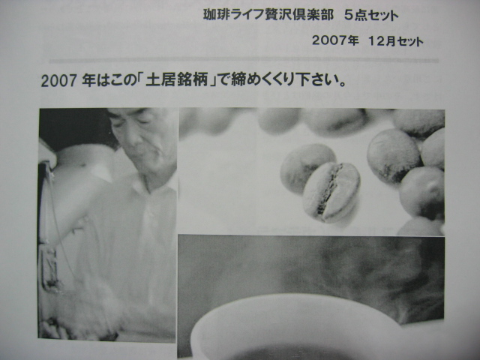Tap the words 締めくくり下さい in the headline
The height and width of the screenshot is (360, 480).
(x=277, y=80)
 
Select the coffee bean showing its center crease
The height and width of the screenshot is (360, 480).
(x=331, y=192)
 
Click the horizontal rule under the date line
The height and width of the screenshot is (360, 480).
(x=240, y=60)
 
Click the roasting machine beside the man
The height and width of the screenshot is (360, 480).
(x=60, y=225)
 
